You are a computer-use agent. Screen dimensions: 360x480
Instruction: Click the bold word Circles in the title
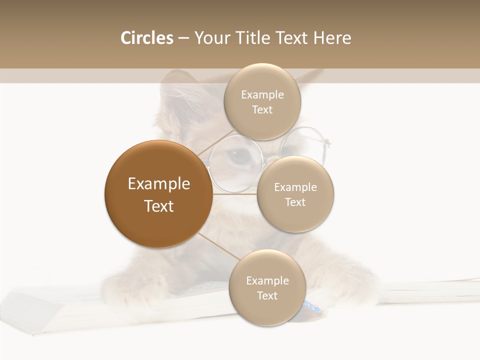146,38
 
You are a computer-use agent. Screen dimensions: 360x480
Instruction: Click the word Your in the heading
210,38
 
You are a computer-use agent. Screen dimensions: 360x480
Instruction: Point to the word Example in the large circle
159,184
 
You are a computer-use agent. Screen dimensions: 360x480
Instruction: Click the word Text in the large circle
159,206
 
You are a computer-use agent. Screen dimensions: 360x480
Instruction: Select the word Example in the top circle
262,94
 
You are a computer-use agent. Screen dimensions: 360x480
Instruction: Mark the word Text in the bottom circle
267,295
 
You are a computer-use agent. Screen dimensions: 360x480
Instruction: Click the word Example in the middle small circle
295,187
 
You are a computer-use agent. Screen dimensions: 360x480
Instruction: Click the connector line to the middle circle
235,194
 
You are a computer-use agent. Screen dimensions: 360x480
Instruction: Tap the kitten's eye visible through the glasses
239,156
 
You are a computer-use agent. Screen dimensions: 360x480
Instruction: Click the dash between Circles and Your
183,38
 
